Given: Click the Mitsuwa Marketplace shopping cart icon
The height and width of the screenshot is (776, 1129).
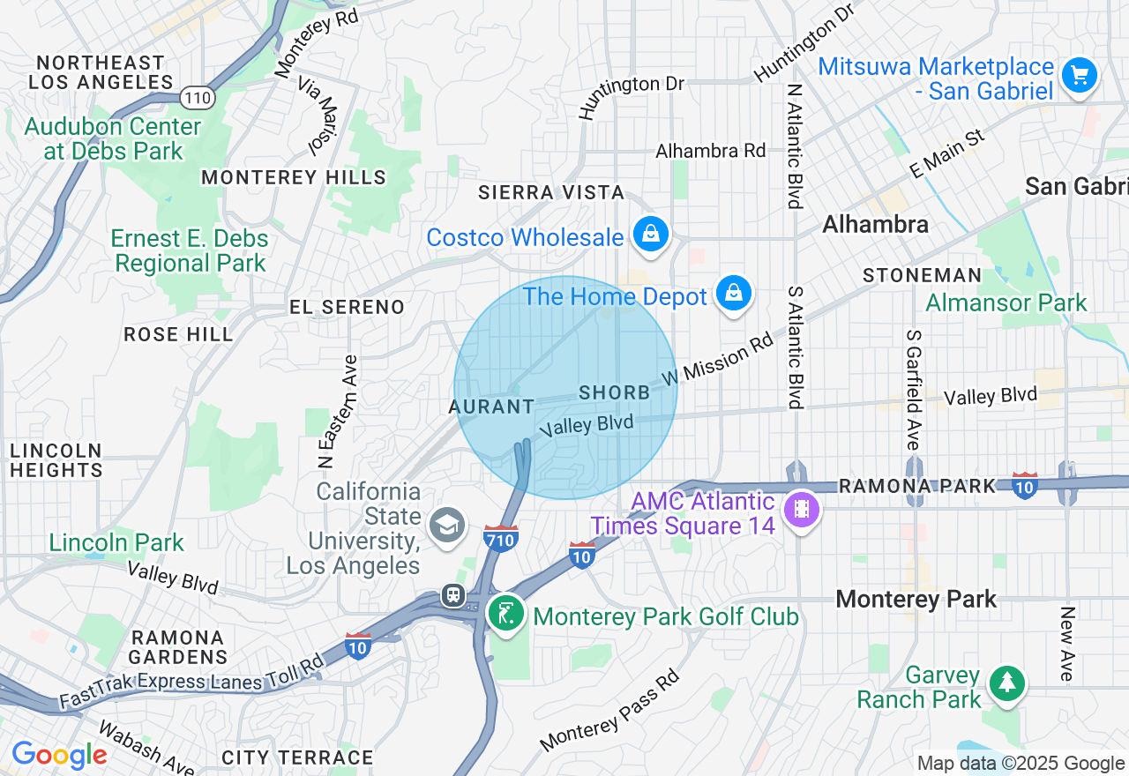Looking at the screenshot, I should pyautogui.click(x=1079, y=75).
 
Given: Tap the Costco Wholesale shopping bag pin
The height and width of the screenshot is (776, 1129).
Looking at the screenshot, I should pyautogui.click(x=650, y=235).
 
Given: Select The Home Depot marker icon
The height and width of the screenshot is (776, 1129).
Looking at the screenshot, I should pyautogui.click(x=733, y=294).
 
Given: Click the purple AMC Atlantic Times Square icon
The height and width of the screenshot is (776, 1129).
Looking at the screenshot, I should pyautogui.click(x=801, y=510).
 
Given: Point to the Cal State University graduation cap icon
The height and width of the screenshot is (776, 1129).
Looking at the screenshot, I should pyautogui.click(x=447, y=526).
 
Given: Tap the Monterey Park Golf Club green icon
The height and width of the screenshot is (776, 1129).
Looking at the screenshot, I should pyautogui.click(x=506, y=614).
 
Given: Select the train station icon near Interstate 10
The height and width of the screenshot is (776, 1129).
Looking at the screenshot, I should pyautogui.click(x=453, y=595).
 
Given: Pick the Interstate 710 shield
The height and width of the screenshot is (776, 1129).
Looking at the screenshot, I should pyautogui.click(x=500, y=538).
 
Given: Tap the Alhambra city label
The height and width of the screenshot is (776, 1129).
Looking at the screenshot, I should pyautogui.click(x=875, y=225).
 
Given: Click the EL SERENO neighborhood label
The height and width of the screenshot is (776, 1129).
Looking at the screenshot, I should pyautogui.click(x=348, y=307).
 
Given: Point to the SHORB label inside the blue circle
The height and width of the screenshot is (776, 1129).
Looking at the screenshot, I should pyautogui.click(x=615, y=392).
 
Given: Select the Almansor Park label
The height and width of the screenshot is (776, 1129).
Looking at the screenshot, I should pyautogui.click(x=1006, y=303).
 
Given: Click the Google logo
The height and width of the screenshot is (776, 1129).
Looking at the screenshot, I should pyautogui.click(x=59, y=755).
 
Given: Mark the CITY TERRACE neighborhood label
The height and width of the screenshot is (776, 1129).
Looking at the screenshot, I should pyautogui.click(x=297, y=757).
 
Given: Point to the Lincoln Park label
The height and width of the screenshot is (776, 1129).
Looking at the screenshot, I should pyautogui.click(x=116, y=542).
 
